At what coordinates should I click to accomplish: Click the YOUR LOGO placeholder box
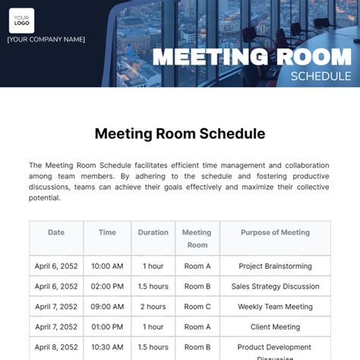21,20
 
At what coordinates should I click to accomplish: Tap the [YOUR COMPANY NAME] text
46,39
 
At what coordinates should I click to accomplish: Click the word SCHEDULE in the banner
321,75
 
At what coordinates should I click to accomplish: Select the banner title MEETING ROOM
251,58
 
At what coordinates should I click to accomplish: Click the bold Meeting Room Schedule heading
180,134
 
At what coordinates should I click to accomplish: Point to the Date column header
56,233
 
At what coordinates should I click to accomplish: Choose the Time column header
107,233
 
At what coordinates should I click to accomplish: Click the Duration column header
153,233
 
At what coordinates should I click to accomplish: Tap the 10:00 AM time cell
107,267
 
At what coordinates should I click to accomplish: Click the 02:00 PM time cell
107,286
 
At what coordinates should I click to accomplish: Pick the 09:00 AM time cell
107,307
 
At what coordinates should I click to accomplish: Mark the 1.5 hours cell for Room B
153,286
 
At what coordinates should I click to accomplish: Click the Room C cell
197,307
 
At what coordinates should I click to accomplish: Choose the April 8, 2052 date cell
56,347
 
